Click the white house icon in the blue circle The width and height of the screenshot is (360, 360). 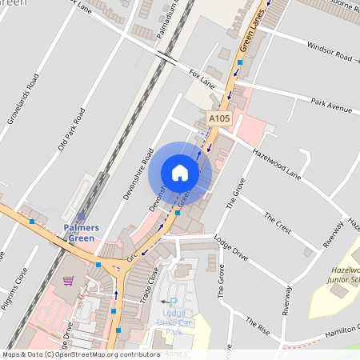pyautogui.click(x=180, y=172)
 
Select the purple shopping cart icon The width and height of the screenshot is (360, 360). pyautogui.click(x=68, y=281)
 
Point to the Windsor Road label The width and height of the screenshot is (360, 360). pyautogui.click(x=329, y=57)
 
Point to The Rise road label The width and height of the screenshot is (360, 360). pyautogui.click(x=261, y=323)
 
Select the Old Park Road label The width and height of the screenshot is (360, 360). pyautogui.click(x=70, y=130)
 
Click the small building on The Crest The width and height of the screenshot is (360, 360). pyautogui.click(x=308, y=253)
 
